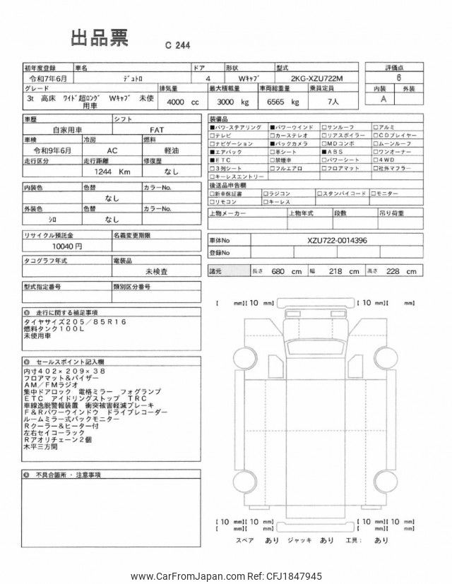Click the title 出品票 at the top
coord(98,38)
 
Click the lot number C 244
coord(177,44)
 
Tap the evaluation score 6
coord(399,81)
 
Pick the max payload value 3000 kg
coord(231,102)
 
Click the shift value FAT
coord(156,130)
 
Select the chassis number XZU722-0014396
coord(337,240)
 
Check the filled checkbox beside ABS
coord(324,151)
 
